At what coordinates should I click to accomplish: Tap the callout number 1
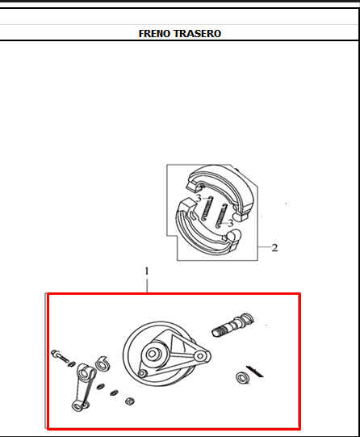147,269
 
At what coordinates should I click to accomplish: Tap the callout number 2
274,248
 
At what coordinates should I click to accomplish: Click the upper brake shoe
214,183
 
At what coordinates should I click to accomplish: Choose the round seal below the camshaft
240,377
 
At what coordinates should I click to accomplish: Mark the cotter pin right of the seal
255,370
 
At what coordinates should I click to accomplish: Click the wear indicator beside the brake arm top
103,363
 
